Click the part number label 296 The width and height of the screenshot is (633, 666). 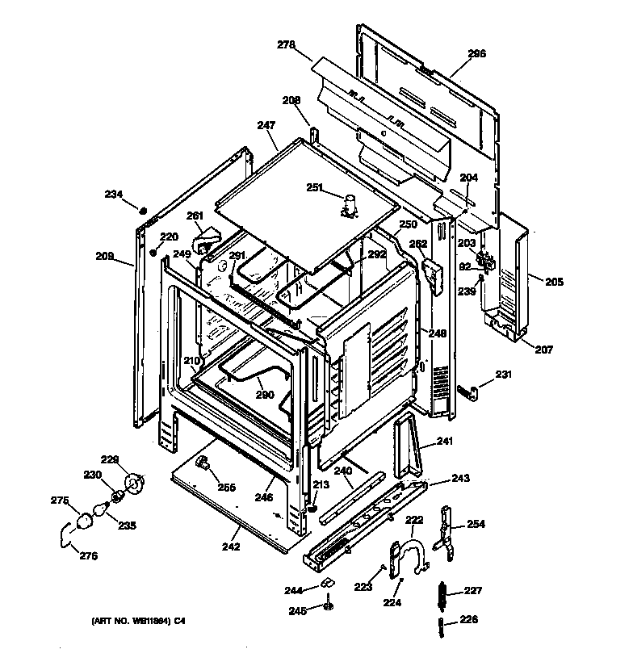point(477,54)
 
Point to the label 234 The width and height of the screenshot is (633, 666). point(114,194)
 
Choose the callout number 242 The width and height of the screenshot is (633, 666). point(231,547)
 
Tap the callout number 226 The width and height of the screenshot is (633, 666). point(469,619)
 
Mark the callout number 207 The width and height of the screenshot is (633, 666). point(543,349)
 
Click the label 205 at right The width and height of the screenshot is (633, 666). point(554,282)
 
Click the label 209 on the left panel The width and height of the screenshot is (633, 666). point(104,257)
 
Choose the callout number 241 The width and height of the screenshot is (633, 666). point(446,441)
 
